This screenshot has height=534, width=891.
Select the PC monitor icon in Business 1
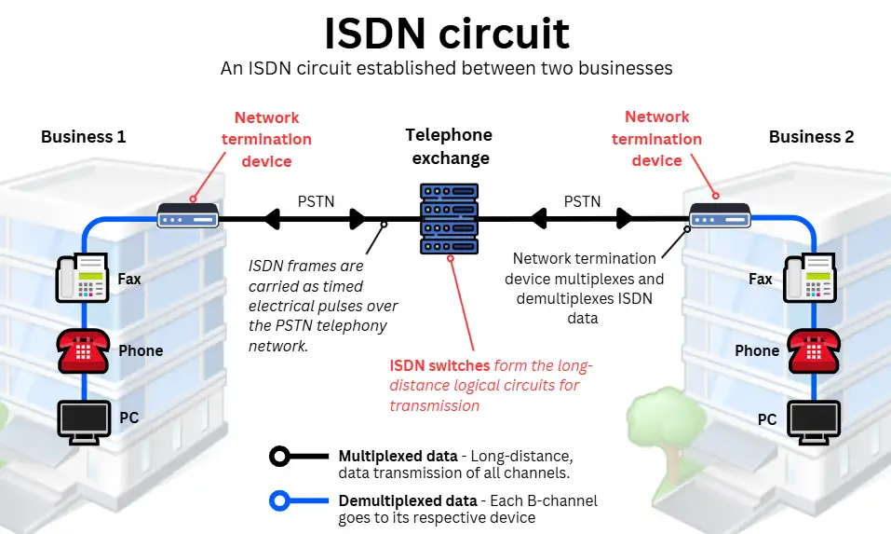coord(85,419)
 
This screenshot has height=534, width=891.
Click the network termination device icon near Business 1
coord(187,217)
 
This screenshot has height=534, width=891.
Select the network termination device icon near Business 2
coord(719,218)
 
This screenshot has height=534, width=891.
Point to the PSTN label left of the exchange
coord(316,200)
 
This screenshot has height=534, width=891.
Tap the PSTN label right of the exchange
coord(583,200)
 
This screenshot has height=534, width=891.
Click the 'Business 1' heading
coord(83,137)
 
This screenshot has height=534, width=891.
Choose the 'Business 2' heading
coord(811,137)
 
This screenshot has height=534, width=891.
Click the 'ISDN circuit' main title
coord(446,34)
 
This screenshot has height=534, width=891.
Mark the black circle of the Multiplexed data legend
coord(279,457)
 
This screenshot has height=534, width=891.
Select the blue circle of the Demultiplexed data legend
coord(279,501)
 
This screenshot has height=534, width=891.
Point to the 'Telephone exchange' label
coord(451,146)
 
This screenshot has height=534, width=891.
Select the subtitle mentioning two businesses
coord(446,69)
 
